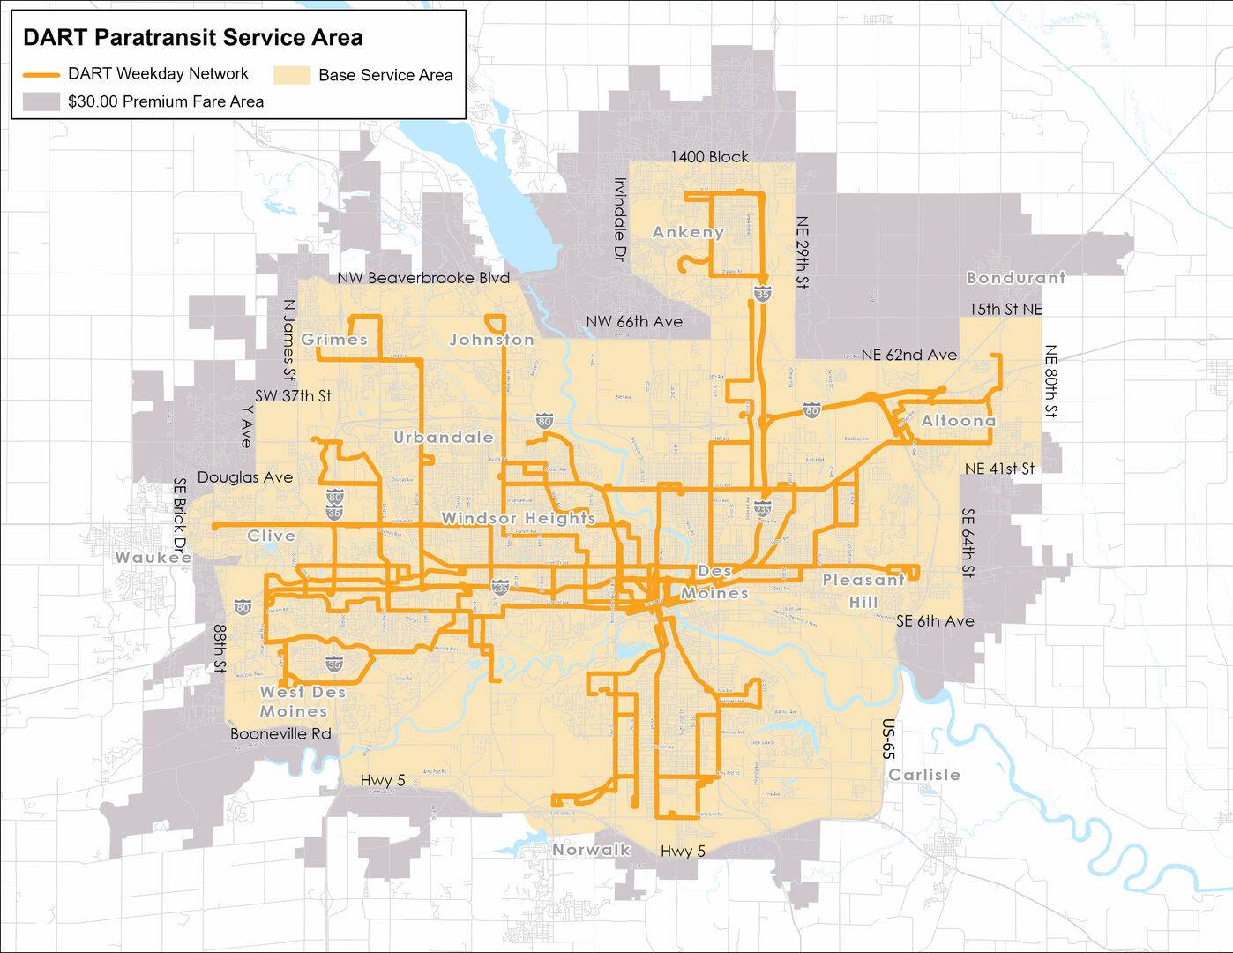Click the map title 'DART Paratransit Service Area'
192,38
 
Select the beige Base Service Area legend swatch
292,75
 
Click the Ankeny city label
688,232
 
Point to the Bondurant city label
1015,278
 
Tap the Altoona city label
958,421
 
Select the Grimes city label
333,340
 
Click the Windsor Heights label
518,518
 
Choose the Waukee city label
153,558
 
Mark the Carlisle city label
923,775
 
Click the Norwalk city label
591,850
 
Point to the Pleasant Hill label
863,590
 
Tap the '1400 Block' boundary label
709,157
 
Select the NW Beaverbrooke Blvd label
423,278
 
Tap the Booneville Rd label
280,733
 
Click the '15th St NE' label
1005,310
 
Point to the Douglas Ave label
244,477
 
